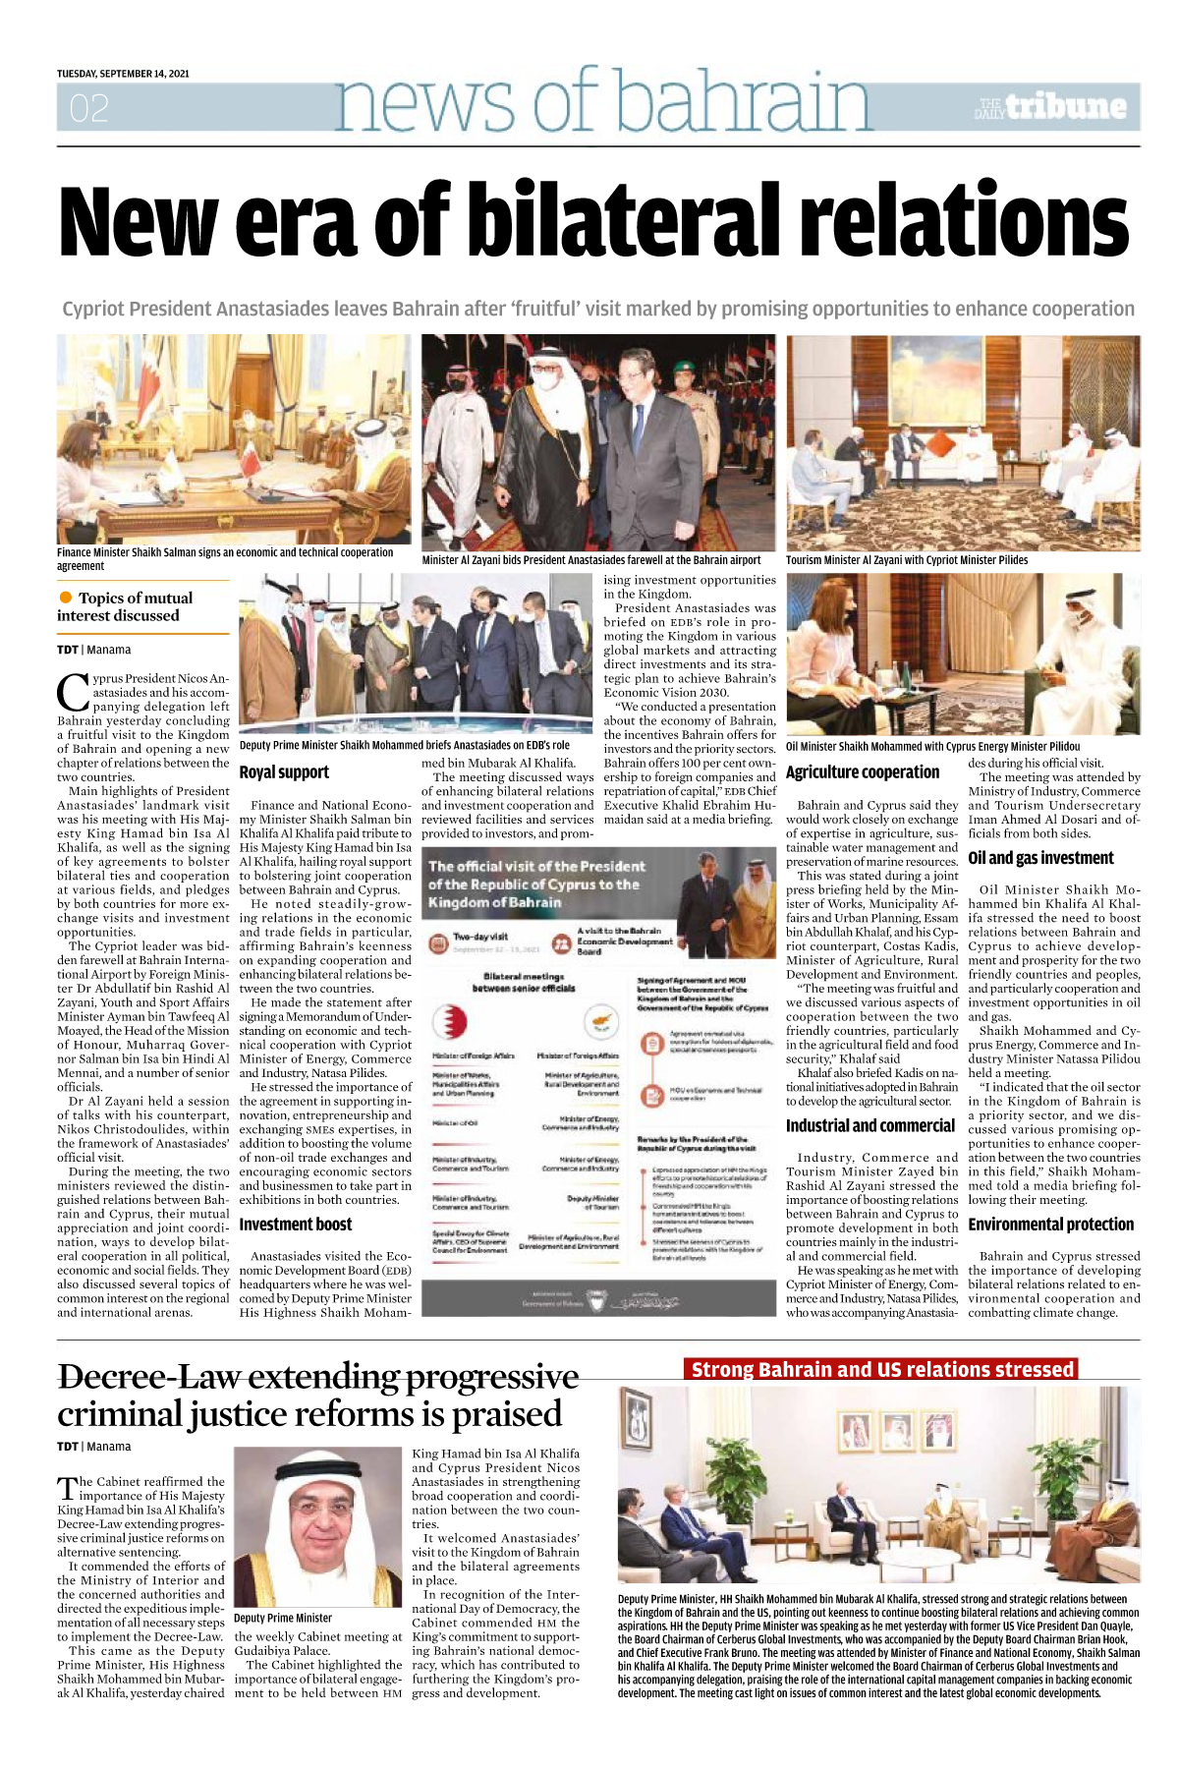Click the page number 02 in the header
point(88,108)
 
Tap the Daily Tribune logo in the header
point(1051,107)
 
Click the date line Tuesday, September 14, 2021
point(123,74)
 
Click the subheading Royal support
point(284,772)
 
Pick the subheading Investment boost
point(295,1225)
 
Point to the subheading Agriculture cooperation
point(863,772)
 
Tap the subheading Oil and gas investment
point(1040,858)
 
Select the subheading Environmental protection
point(1050,1225)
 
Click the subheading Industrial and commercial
point(869,1126)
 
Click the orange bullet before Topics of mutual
point(66,598)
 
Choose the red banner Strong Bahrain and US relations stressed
point(881,1370)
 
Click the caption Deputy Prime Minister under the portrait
point(283,1619)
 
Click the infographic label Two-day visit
point(480,936)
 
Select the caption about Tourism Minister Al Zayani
point(906,560)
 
